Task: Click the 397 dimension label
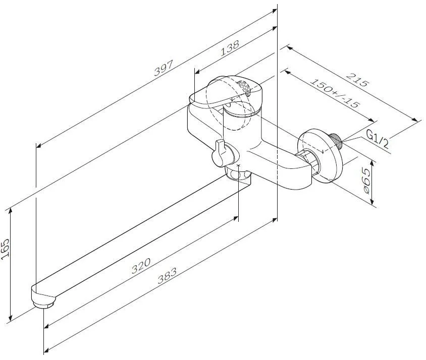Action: [164, 68]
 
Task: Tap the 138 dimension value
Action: [230, 48]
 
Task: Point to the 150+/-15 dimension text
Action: [335, 93]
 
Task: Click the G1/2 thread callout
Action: [378, 139]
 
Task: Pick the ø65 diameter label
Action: [366, 181]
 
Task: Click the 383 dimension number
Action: [167, 275]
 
